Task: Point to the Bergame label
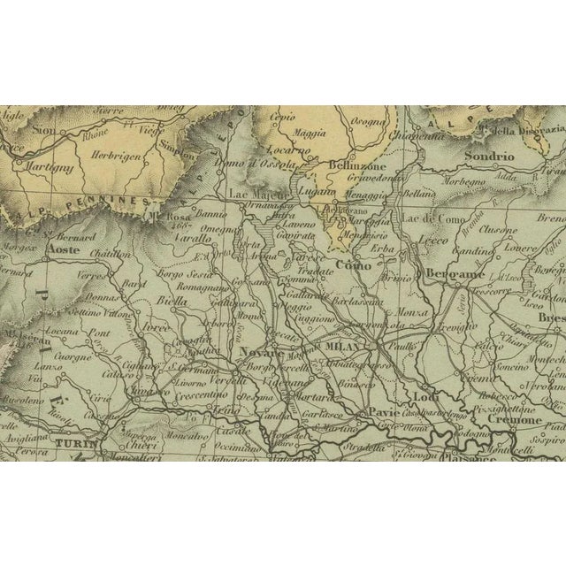[450, 273]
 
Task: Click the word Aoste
[62, 251]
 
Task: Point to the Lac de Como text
[428, 218]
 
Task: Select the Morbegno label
[486, 183]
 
